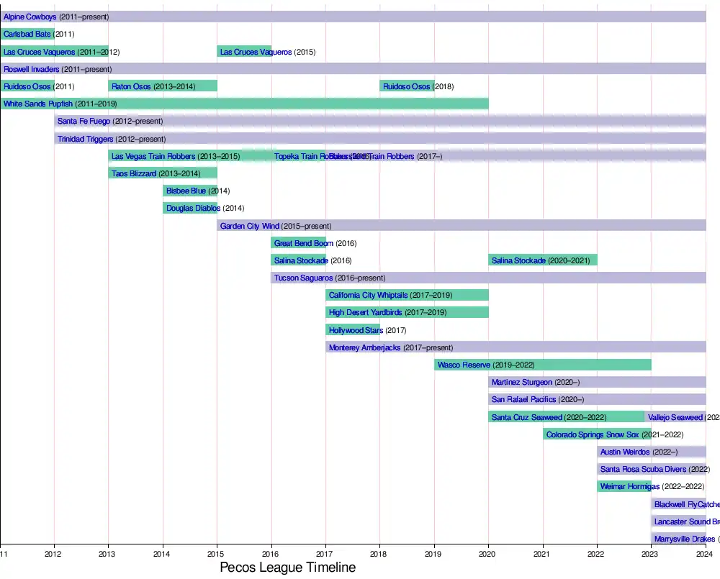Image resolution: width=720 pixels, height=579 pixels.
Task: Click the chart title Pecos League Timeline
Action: (x=287, y=567)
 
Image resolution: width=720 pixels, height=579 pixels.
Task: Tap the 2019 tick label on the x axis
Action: (x=433, y=554)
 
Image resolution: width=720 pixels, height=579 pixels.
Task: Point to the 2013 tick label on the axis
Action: (x=108, y=554)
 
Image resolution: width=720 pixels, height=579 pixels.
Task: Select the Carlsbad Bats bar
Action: (x=27, y=34)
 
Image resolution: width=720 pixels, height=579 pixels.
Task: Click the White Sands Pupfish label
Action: (x=38, y=104)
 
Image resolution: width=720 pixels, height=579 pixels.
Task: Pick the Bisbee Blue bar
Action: (x=190, y=191)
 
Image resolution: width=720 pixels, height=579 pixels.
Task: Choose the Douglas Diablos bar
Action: (x=190, y=208)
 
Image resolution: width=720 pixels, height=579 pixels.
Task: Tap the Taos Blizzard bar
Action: (x=163, y=173)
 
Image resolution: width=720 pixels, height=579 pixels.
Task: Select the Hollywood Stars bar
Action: (x=353, y=330)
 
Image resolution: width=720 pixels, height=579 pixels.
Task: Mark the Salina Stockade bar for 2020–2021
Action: (x=543, y=260)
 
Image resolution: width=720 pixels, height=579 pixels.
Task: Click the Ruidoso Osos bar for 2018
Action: (x=407, y=86)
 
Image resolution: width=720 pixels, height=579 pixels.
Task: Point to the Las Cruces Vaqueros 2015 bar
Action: (x=244, y=52)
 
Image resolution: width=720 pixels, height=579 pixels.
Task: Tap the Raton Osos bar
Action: (x=163, y=86)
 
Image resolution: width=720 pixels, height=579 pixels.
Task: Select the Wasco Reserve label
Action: (x=464, y=365)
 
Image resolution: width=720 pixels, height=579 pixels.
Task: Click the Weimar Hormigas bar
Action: (x=624, y=486)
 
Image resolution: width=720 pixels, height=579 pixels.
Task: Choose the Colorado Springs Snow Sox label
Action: (x=593, y=434)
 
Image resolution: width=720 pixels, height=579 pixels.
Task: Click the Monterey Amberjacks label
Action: (x=364, y=347)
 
